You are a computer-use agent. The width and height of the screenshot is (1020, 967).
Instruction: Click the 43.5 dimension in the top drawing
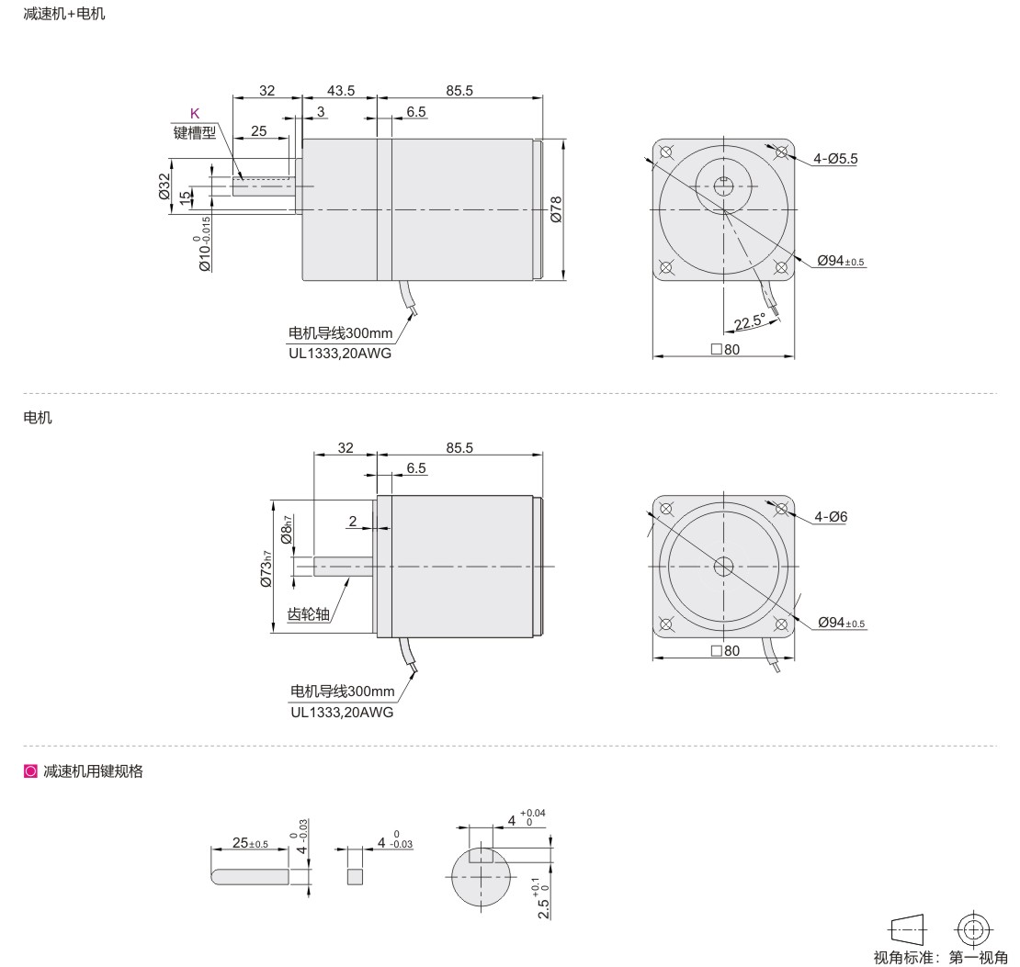[339, 90]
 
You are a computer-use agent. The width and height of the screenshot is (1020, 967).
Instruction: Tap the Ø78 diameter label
[556, 209]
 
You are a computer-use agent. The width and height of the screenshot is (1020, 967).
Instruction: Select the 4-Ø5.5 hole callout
[835, 158]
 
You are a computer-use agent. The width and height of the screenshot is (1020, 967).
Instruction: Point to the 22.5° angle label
[750, 321]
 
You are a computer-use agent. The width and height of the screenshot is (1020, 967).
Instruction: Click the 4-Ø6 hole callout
[831, 517]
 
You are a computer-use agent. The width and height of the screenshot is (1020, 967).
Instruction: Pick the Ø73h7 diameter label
[266, 567]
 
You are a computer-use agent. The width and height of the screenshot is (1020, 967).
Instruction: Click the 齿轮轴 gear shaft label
[309, 614]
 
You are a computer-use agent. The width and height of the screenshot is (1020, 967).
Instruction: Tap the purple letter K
[195, 114]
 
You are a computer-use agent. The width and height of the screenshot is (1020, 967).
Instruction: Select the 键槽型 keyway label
[195, 131]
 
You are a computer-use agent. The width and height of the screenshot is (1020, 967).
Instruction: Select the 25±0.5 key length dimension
[249, 843]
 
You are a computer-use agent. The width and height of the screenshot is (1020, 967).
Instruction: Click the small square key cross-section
[355, 875]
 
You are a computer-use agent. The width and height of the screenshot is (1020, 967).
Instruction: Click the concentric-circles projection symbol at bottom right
[974, 927]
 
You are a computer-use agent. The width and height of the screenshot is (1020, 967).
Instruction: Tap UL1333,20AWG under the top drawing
[340, 354]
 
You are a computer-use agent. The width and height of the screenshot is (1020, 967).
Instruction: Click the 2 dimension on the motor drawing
[353, 522]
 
